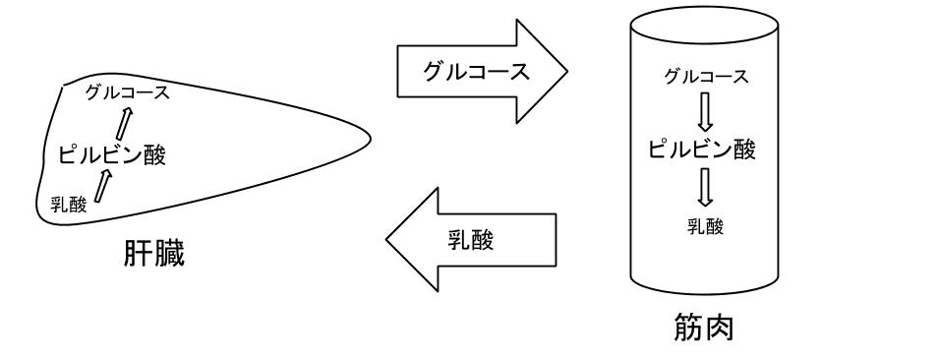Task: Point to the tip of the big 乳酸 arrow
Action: coord(388,241)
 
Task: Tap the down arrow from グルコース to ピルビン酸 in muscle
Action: coord(702,114)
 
